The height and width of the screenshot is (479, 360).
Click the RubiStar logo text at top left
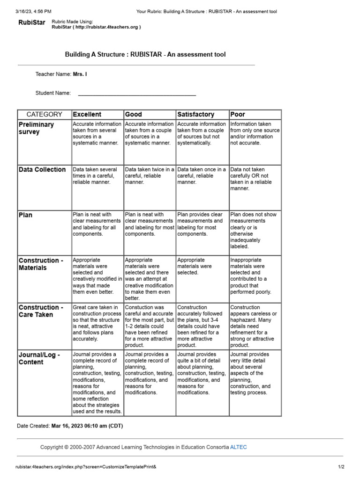32,22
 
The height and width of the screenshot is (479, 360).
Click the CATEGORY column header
44,114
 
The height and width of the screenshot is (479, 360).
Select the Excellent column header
87,114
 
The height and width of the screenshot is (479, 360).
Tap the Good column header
134,114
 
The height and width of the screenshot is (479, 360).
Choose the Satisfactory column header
195,114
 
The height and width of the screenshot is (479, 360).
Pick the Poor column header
238,114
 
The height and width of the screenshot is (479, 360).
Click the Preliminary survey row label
36,128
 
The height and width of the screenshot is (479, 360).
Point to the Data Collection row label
42,170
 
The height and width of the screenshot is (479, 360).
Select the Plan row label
25,215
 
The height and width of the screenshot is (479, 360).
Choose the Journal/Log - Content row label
39,358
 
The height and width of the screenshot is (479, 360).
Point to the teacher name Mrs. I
80,74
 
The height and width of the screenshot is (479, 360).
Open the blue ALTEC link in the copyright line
238,447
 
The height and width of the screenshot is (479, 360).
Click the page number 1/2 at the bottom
341,466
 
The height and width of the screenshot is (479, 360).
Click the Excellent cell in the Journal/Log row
97,383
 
